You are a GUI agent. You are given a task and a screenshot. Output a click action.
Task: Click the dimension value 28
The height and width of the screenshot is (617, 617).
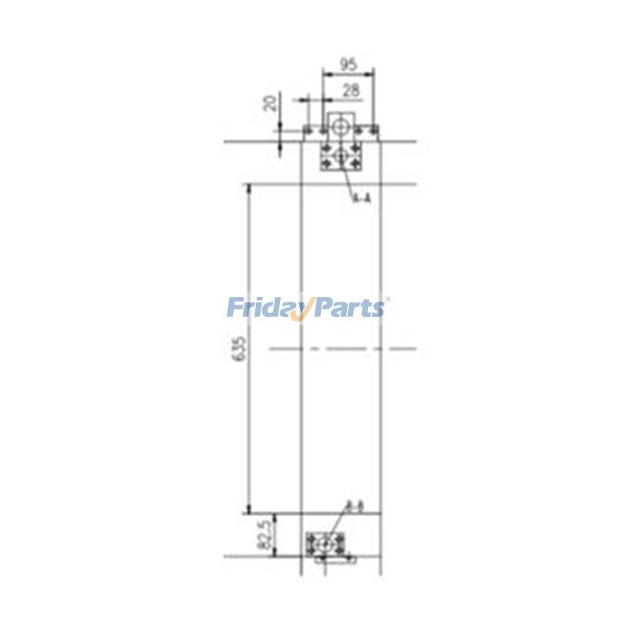click(349, 90)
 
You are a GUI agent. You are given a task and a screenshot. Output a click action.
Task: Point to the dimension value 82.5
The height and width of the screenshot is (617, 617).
click(265, 534)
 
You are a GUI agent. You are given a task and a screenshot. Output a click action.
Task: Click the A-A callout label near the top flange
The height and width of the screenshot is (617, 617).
click(362, 198)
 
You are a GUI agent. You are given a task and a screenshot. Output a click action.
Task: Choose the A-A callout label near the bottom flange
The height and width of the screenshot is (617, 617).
click(355, 507)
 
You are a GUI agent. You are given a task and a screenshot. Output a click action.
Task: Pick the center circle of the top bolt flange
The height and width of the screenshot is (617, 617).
click(341, 157)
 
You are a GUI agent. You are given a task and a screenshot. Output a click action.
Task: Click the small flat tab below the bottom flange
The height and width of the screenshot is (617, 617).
click(335, 558)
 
